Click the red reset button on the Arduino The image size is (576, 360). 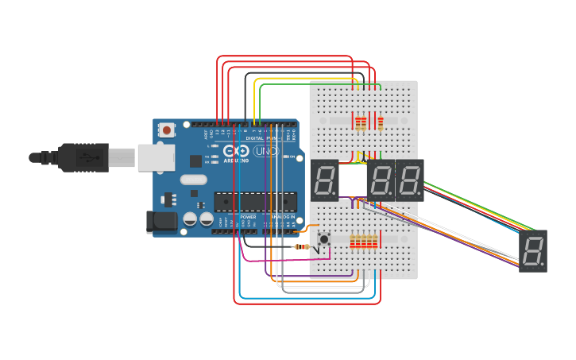pos(167,130)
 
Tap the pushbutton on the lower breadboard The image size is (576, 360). pos(324,238)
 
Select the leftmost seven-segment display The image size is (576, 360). pos(324,180)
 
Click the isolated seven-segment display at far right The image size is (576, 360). pos(533,251)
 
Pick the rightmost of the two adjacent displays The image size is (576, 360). pos(410,180)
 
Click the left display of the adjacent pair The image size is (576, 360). pos(381,180)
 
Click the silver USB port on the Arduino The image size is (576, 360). pos(156,157)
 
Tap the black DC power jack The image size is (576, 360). pos(161,222)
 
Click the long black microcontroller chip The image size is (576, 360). pos(255,202)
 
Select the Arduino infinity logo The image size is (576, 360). pos(235,151)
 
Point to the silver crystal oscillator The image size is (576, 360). pos(193,180)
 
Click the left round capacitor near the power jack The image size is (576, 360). pos(191,219)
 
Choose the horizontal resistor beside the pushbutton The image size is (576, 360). pos(302,246)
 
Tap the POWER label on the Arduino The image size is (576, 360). pos(248,216)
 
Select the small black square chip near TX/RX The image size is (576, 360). pos(195,161)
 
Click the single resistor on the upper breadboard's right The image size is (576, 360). pos(381,123)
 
